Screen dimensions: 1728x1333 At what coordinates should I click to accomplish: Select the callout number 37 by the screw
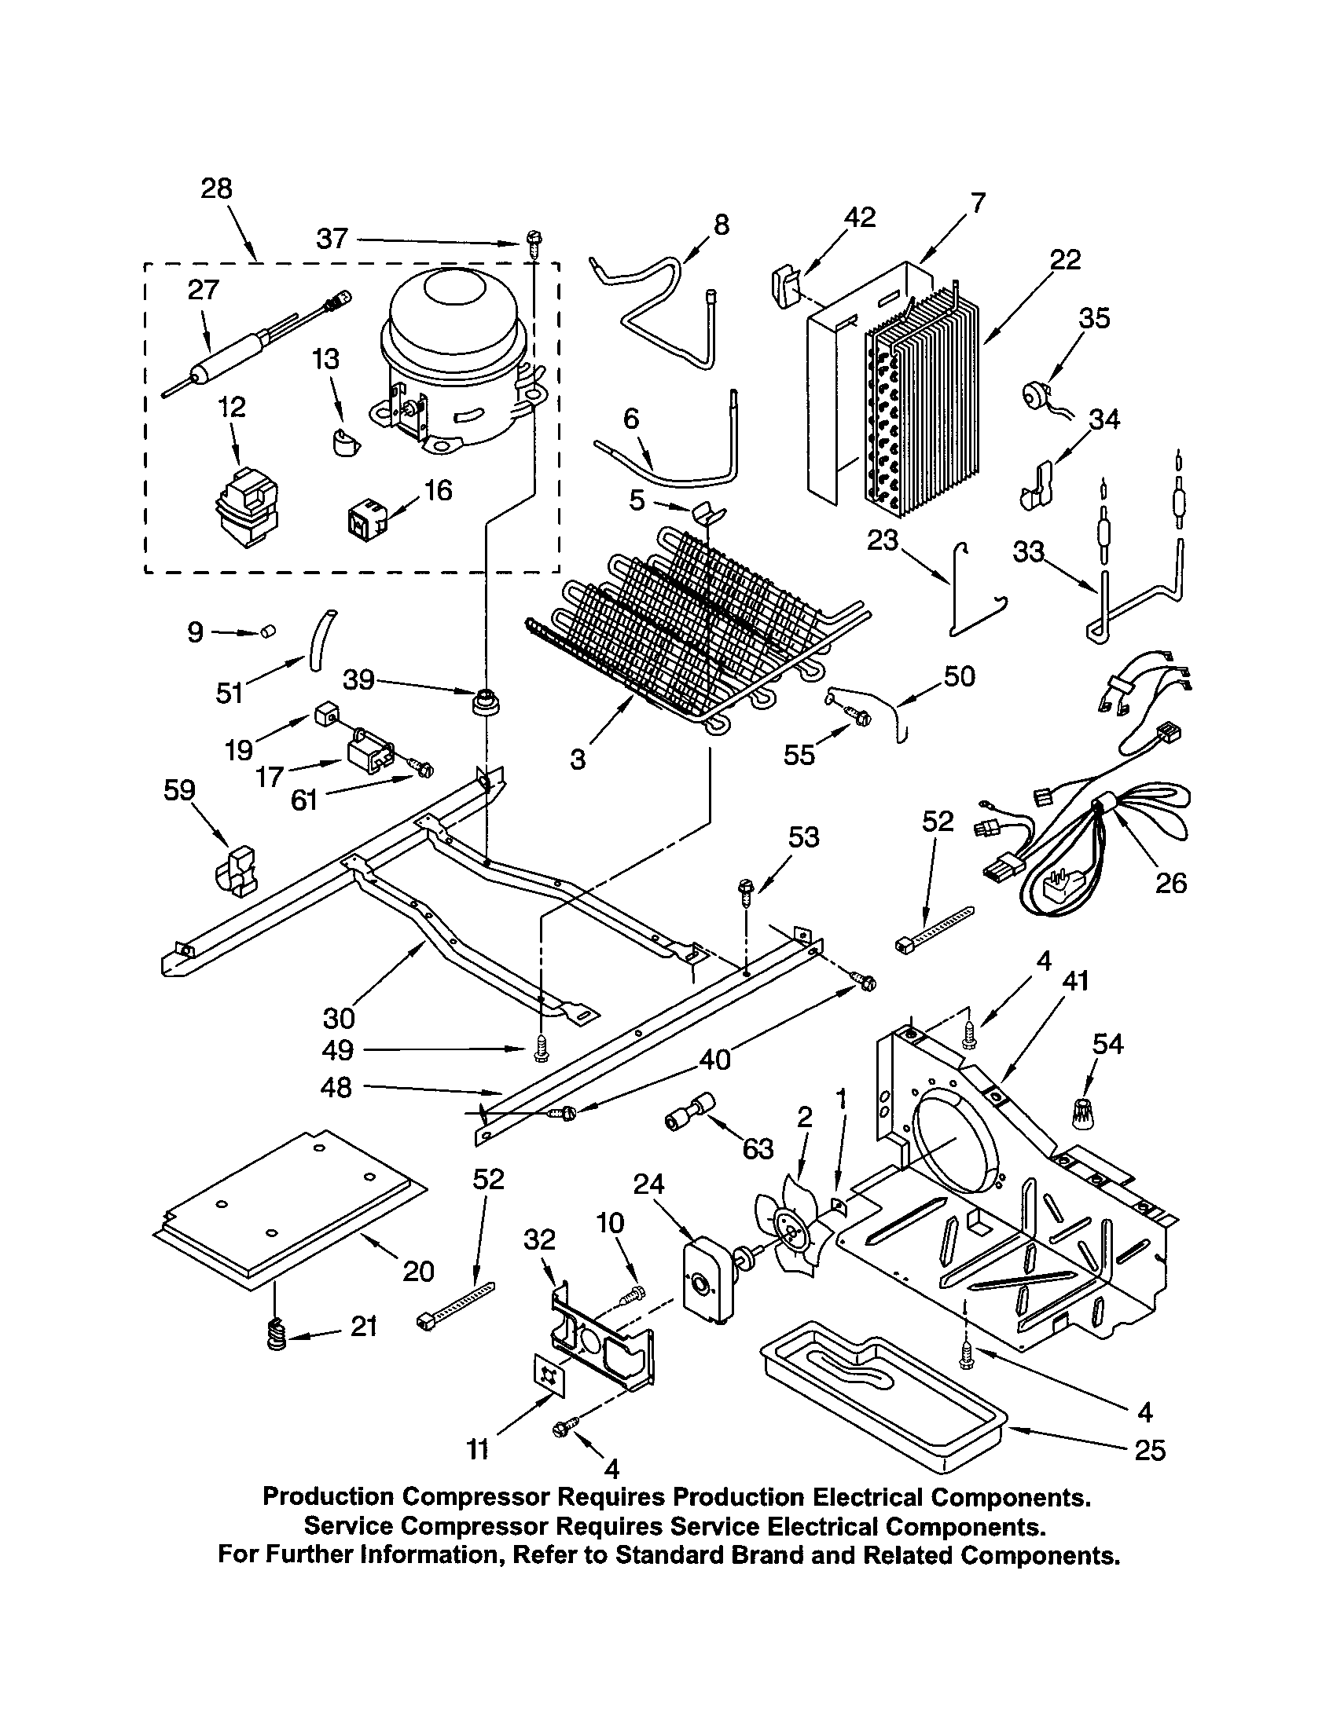tap(332, 238)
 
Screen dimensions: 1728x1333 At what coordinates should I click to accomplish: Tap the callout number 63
tap(758, 1148)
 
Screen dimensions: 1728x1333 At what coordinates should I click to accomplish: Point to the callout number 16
tap(438, 490)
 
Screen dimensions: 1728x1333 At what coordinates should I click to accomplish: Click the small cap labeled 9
tap(268, 632)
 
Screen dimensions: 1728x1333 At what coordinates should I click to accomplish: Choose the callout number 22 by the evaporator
tap(1065, 258)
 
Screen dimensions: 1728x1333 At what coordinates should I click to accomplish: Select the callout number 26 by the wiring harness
tap(1170, 881)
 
